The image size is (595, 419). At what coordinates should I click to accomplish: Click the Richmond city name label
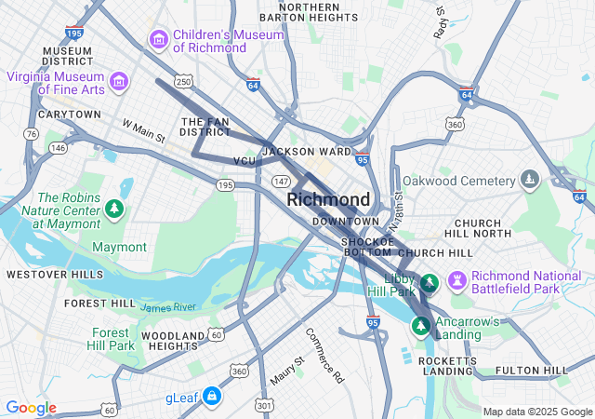coord(328,199)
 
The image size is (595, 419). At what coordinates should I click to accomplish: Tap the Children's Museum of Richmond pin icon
coord(158,39)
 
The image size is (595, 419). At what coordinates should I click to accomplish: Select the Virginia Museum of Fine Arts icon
coord(118,82)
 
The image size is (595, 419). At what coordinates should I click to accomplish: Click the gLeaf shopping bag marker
coord(213,397)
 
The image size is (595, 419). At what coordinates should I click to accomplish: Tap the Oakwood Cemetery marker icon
coord(530,179)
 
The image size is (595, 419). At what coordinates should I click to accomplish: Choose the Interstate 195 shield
coord(75,33)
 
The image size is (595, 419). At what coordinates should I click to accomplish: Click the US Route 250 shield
coord(184,82)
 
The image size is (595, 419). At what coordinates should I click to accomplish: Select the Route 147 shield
coord(282,181)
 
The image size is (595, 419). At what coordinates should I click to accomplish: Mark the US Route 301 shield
coord(264,405)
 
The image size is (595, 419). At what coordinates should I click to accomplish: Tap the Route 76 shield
coord(33,134)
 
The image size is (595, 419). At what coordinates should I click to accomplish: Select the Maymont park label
coord(119,247)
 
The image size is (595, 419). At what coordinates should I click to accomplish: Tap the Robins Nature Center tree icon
coord(114,208)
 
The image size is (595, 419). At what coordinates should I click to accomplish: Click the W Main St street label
coord(143,130)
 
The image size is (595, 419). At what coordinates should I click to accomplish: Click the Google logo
coord(31,408)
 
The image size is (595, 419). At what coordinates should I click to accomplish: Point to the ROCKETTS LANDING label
coord(447,365)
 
